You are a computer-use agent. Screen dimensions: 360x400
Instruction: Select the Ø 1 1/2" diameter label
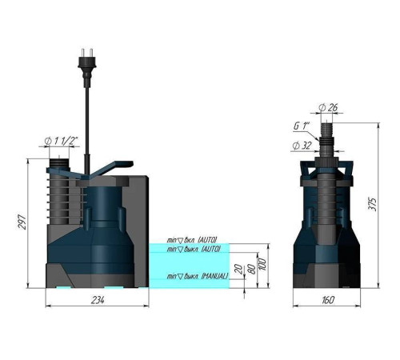point(62,142)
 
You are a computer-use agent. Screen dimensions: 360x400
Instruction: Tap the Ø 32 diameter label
point(302,145)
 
